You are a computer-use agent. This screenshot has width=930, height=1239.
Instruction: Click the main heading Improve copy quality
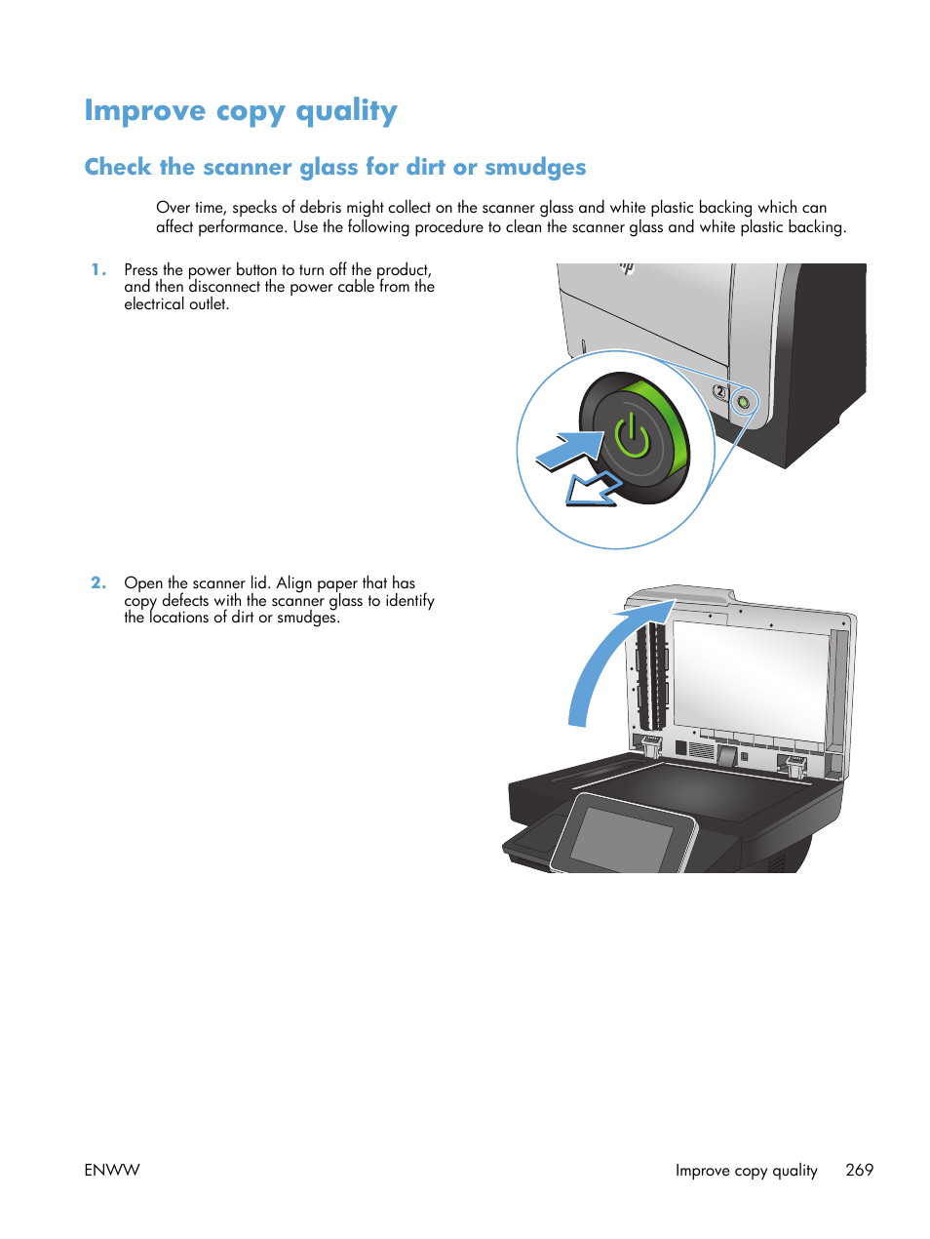[x=240, y=111]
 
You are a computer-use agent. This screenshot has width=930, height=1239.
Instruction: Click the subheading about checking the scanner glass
[x=334, y=168]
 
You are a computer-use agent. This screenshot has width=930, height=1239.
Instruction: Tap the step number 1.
[x=97, y=270]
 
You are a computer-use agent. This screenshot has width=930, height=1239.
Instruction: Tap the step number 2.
[x=97, y=583]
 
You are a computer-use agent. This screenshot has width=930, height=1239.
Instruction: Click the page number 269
[x=859, y=1170]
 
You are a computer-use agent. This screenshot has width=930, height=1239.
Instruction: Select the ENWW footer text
[x=112, y=1170]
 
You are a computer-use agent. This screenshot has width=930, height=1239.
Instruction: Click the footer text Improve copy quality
[x=746, y=1170]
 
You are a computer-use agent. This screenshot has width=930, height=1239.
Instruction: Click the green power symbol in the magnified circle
[x=633, y=435]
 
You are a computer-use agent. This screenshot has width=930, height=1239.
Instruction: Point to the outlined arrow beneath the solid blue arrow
[x=590, y=490]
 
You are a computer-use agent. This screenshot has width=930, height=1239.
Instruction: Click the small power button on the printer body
[x=744, y=401]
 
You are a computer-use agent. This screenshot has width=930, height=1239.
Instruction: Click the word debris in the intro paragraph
[x=321, y=208]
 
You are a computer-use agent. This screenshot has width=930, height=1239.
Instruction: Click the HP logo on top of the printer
[x=627, y=268]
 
